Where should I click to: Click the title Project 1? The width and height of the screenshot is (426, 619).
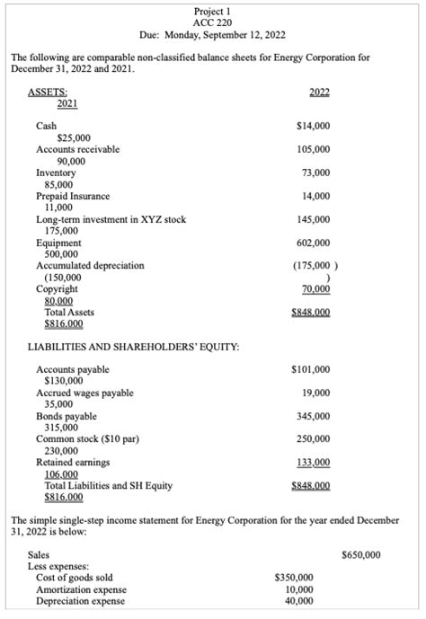tap(213, 10)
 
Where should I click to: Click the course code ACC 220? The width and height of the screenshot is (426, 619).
tap(213, 22)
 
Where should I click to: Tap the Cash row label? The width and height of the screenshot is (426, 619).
tap(46, 126)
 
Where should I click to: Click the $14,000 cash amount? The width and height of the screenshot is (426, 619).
tap(312, 126)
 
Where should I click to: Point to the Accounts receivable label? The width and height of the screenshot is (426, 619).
tap(77, 149)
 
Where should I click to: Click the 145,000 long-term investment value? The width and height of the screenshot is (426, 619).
tap(313, 219)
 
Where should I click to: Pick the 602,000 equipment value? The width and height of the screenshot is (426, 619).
tap(313, 243)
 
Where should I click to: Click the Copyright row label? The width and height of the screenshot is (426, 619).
tap(57, 289)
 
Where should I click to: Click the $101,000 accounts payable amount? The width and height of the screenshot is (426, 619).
tap(311, 369)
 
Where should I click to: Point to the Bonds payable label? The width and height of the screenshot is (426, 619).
tap(66, 417)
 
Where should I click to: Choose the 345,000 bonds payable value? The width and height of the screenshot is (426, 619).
tap(313, 417)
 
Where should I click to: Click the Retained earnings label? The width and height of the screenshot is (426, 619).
tap(73, 463)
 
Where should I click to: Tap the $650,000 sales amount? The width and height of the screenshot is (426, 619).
tap(361, 555)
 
